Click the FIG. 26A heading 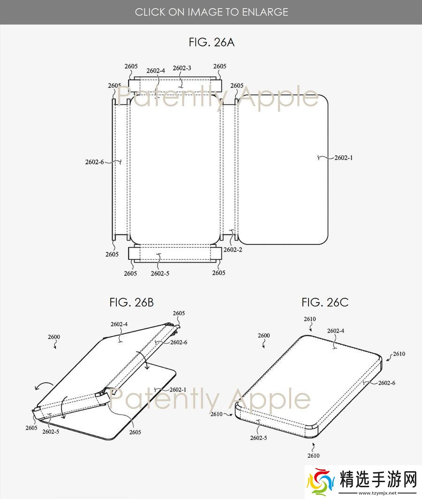click(x=211, y=42)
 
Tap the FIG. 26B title click(x=131, y=302)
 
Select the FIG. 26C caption click(x=325, y=302)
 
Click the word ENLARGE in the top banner click(x=265, y=12)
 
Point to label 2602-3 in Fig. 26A click(x=182, y=68)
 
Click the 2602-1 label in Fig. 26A click(x=343, y=158)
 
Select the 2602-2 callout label click(x=233, y=250)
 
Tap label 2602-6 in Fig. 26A click(x=95, y=162)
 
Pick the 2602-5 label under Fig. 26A click(x=160, y=274)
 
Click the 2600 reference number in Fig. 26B click(x=54, y=337)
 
